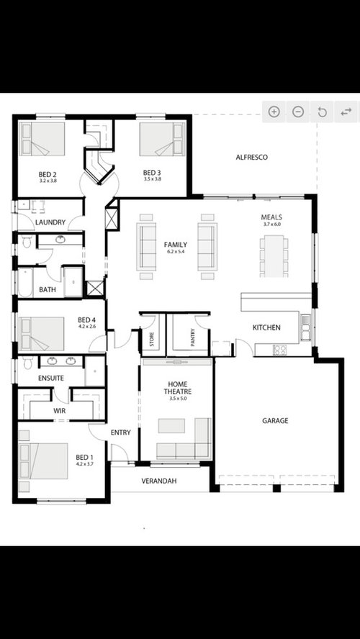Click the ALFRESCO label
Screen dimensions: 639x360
(x=252, y=157)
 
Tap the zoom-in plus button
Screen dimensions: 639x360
(x=274, y=112)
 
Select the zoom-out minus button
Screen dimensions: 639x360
(x=298, y=112)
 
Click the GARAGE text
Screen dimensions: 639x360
(x=275, y=420)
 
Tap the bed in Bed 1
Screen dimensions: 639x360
(x=43, y=461)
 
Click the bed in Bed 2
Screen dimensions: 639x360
(x=42, y=139)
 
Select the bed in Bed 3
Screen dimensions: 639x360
(x=163, y=139)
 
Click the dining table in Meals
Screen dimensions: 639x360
(x=274, y=255)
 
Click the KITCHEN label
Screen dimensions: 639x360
(x=266, y=328)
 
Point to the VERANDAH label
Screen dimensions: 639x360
(x=160, y=480)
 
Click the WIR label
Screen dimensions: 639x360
(x=60, y=410)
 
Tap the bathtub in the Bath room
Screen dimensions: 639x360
(x=24, y=283)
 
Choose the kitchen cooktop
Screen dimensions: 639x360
(x=279, y=350)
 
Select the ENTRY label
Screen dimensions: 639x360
(x=120, y=432)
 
